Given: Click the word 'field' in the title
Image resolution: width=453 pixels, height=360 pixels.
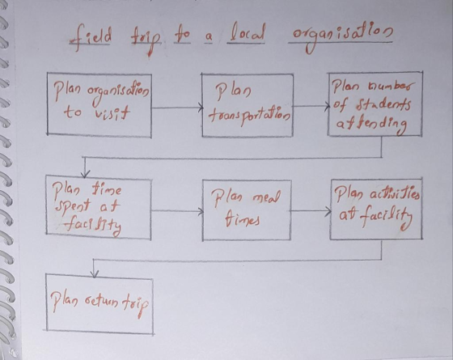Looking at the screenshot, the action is (90, 37).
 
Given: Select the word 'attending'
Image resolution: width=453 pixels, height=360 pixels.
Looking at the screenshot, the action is (372, 125).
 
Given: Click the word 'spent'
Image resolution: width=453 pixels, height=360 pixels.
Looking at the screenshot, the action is (72, 205).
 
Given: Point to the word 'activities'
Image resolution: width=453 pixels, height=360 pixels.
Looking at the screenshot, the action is (395, 194).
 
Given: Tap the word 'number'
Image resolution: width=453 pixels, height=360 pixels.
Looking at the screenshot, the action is (392, 86).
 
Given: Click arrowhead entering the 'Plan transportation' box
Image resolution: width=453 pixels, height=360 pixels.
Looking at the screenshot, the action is (201, 108).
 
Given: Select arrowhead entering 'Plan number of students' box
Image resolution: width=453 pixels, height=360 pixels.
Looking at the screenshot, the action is (327, 106).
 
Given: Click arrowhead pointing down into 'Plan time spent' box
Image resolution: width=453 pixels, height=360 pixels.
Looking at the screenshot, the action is (85, 174).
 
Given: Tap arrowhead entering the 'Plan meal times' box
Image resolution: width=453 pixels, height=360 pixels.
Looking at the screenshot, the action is (201, 211).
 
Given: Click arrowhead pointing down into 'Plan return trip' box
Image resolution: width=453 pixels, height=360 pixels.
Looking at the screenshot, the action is (94, 273).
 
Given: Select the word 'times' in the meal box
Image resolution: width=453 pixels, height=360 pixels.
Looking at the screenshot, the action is (243, 218).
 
